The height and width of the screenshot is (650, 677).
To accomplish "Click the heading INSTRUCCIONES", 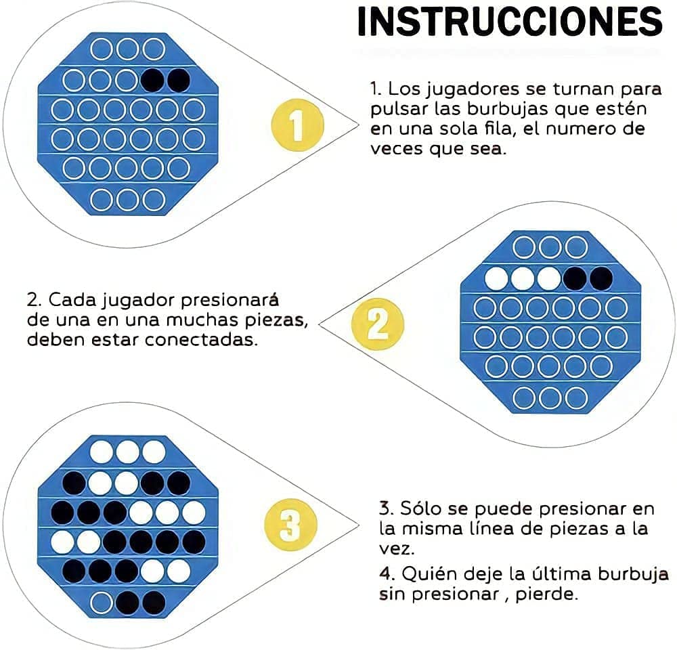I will click(x=509, y=22).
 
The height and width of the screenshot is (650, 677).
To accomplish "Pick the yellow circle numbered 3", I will click(x=290, y=524).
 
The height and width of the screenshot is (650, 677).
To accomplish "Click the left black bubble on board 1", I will click(x=153, y=80).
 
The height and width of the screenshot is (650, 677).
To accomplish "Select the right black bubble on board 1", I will click(x=179, y=80).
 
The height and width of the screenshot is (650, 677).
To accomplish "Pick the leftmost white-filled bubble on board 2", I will click(x=498, y=278).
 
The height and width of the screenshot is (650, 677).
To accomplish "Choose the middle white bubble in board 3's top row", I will click(x=127, y=452).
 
